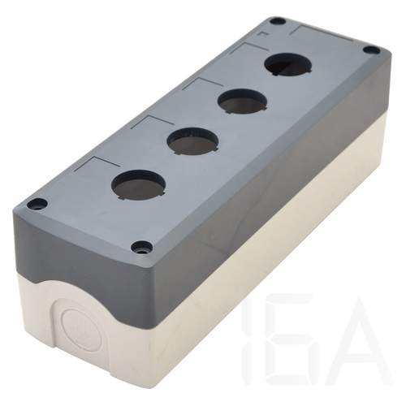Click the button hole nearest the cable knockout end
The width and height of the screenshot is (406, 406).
coord(138,185)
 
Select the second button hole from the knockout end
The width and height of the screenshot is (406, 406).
coord(192,141)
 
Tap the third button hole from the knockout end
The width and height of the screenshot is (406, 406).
coord(243,101)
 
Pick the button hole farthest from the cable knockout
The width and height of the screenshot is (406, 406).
coord(288,65)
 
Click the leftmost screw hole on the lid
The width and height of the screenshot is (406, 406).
coord(37,204)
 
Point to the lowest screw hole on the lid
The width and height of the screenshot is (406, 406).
coord(141,248)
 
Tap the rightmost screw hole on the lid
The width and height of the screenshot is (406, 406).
coord(371,50)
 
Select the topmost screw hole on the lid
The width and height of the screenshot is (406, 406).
coord(278,21)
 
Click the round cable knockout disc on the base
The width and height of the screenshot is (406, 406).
coord(82,330)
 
